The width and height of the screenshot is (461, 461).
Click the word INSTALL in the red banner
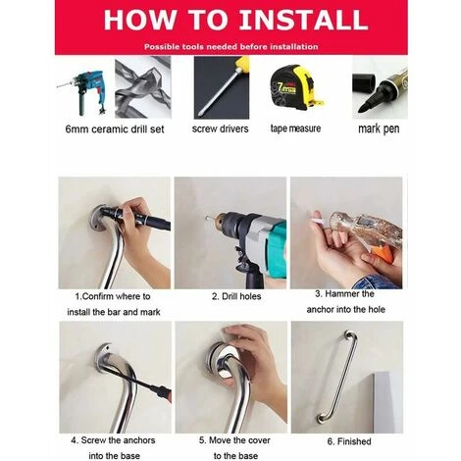tap(304, 20)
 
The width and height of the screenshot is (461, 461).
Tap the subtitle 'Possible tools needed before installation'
tap(231, 47)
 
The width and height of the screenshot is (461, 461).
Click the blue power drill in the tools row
tap(84, 90)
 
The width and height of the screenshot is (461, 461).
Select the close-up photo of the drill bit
tap(143, 87)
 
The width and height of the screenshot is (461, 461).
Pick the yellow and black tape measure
tap(296, 87)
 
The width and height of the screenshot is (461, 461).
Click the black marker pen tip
tap(363, 108)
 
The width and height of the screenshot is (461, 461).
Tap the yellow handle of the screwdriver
tap(241, 63)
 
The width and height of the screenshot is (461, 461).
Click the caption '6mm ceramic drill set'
tap(115, 129)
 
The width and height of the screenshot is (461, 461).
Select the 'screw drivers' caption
tap(221, 128)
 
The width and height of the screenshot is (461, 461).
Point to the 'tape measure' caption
tap(295, 128)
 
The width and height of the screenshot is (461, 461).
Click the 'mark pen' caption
tap(379, 128)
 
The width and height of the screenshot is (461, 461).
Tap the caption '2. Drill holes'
tap(236, 296)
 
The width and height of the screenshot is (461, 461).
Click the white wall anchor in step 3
tap(318, 219)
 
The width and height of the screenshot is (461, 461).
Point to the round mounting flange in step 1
tap(96, 218)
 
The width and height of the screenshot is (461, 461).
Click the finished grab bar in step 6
tap(338, 377)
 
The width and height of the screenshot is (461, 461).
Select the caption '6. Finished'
tap(349, 441)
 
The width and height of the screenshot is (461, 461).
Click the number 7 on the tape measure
tap(281, 87)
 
